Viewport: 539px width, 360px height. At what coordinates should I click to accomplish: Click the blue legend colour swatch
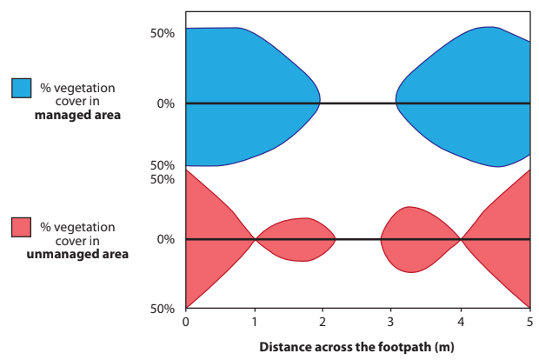pos(22,88)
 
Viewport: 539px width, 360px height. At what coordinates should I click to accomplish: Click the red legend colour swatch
pos(22,228)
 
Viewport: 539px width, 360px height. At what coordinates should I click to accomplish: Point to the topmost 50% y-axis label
pos(163,33)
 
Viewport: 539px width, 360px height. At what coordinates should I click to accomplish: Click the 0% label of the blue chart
pos(166,103)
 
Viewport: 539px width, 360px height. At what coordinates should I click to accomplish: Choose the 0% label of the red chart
pos(166,239)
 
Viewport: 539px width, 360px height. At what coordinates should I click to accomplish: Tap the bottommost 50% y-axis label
pos(163,309)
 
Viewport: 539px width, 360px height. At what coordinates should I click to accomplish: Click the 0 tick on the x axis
pos(185,322)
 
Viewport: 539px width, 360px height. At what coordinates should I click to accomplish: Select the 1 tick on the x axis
pos(254,322)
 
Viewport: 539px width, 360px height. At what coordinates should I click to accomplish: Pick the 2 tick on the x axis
pos(323,322)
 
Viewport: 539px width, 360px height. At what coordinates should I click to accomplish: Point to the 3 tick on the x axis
pos(392,322)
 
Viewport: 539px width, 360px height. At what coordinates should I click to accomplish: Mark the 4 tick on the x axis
pos(461,322)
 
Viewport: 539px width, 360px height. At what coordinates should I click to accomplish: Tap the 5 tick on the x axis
pos(529,322)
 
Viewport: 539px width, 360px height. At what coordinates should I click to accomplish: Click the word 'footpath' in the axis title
pos(384,346)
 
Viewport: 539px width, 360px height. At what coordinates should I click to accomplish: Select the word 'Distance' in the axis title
pos(283,346)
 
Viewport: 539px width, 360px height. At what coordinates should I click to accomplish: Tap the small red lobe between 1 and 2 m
pos(296,239)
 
